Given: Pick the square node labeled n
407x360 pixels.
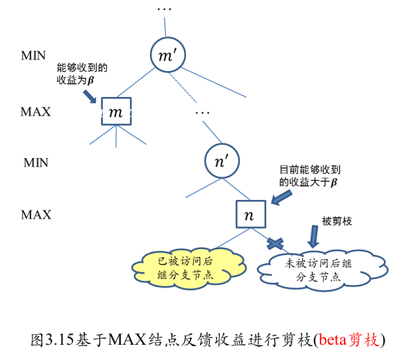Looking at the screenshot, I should pyautogui.click(x=249, y=214).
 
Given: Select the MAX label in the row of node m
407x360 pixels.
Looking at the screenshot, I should pyautogui.click(x=36, y=112).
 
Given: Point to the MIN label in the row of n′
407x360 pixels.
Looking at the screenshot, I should pyautogui.click(x=36, y=161).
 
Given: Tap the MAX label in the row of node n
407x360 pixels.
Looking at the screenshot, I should pyautogui.click(x=36, y=215).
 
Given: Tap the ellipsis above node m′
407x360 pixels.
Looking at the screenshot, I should pyautogui.click(x=164, y=10).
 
